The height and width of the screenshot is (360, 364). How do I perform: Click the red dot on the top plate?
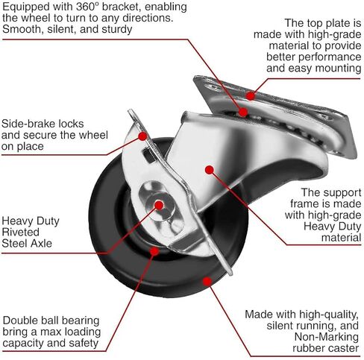tap(251, 95)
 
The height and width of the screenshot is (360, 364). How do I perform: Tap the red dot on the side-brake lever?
tap(142, 136)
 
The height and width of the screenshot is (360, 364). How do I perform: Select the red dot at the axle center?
tap(159, 205)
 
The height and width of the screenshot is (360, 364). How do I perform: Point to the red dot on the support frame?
tap(210, 170)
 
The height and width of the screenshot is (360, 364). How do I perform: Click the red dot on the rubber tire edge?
tap(207, 281)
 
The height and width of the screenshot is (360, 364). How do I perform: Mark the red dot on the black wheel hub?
tap(154, 251)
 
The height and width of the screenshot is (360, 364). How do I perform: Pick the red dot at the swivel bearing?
tap(243, 112)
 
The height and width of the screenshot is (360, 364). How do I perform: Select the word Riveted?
tap(21, 232)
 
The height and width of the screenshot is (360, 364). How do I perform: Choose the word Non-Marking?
tap(327, 337)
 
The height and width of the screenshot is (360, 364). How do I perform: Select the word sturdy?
tap(117, 30)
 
